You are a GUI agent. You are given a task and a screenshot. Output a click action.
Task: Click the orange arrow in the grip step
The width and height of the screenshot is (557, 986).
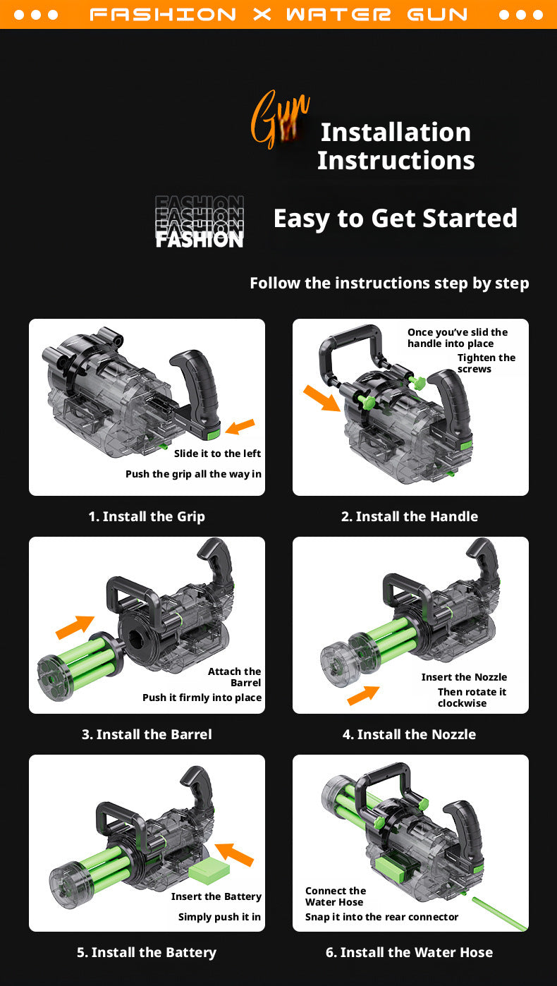[240, 426]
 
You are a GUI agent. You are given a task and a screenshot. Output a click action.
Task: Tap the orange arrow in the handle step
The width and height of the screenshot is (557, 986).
[322, 398]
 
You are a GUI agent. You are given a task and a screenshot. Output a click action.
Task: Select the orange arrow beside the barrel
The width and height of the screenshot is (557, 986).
[75, 627]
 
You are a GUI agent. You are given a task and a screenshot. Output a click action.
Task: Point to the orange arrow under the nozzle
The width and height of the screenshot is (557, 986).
[363, 695]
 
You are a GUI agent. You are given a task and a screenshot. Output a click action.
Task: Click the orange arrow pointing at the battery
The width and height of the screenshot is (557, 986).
[235, 854]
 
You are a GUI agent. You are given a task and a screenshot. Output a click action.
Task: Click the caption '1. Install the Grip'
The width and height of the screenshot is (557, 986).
[147, 516]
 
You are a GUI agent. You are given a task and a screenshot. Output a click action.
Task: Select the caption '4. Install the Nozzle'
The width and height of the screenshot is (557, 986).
[409, 734]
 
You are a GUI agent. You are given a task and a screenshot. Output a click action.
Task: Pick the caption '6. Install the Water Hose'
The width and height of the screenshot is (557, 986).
[409, 952]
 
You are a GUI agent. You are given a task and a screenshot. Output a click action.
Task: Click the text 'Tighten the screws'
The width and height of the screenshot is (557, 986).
[486, 363]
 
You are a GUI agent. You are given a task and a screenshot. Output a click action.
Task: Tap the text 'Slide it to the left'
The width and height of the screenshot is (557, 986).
[217, 454]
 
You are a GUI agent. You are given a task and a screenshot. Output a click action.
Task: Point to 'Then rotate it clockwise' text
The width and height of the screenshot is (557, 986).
[472, 698]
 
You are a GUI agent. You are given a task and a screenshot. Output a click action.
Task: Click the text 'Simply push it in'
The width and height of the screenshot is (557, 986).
[219, 916]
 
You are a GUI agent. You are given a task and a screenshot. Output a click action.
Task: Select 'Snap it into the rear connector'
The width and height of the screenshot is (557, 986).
[382, 916]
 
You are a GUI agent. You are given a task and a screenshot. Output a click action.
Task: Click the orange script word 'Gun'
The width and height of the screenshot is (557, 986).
[280, 119]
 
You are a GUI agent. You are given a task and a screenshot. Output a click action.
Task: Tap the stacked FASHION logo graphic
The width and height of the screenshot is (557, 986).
[200, 221]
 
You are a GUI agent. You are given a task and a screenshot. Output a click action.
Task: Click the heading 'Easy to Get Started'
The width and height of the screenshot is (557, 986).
[395, 219]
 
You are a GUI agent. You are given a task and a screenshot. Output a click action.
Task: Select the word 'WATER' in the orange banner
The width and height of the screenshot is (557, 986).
[338, 15]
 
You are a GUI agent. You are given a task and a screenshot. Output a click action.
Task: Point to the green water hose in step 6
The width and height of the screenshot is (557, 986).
[499, 913]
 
